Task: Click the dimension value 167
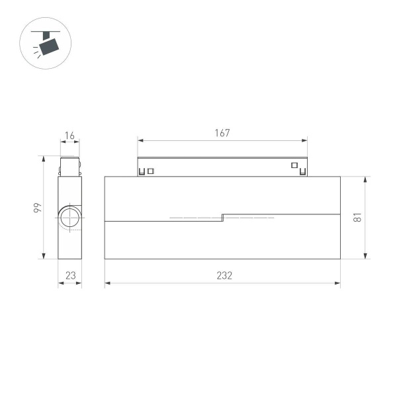(x=222, y=133)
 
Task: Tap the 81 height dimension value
(x=357, y=218)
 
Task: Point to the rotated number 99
(x=38, y=208)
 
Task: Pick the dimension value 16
(x=69, y=136)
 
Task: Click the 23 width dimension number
(x=69, y=276)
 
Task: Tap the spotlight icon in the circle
(x=47, y=44)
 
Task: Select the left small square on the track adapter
(x=151, y=171)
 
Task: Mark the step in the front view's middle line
(x=222, y=217)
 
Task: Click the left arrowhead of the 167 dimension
(x=140, y=140)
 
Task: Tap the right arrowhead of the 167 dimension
(x=306, y=140)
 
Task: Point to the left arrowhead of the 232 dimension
(x=107, y=283)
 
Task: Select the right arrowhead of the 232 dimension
(x=338, y=283)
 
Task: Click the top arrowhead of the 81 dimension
(x=365, y=179)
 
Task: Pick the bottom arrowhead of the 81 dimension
(x=365, y=256)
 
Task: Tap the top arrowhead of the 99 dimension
(x=44, y=159)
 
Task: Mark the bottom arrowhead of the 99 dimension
(x=44, y=257)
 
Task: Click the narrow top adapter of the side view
(x=69, y=166)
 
